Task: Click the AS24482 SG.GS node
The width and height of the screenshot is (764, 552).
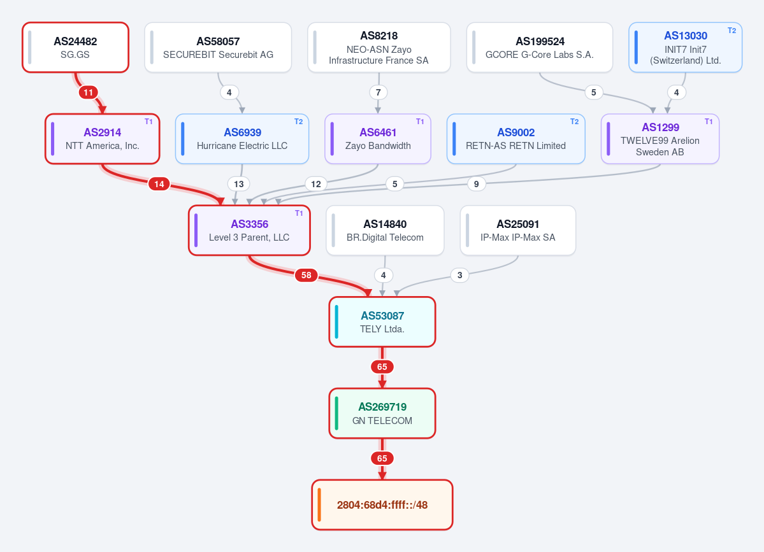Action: coord(76,47)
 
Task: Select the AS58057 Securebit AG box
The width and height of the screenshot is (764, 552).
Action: coord(218,47)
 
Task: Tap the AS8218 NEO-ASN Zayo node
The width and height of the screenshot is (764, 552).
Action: coord(378,47)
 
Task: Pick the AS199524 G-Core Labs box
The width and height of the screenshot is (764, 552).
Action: coord(539,47)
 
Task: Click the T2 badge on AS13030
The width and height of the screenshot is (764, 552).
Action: coord(732,30)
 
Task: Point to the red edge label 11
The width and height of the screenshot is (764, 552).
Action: coord(88,92)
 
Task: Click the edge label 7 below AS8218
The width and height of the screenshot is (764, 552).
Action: coord(378,92)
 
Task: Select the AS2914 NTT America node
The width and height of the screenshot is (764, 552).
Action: coord(103,139)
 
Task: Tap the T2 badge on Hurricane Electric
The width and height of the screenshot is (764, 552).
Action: coord(299,122)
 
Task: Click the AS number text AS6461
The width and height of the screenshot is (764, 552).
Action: coord(378,132)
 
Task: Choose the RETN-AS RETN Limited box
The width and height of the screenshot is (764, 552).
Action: coord(515,139)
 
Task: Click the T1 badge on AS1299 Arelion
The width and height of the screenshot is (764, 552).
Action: coord(709,122)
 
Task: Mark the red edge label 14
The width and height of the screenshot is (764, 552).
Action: coord(159,184)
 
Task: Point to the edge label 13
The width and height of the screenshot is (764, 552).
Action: coord(239,184)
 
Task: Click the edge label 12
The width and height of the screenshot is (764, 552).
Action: coord(316,184)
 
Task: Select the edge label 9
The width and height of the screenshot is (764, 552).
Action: coord(477,184)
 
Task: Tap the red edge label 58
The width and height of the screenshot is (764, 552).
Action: coord(306,275)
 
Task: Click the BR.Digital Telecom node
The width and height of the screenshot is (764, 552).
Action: coord(385,230)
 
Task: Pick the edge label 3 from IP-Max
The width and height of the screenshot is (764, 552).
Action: coord(459,275)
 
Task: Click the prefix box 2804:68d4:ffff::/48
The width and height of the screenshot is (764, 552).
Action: coord(382,505)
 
